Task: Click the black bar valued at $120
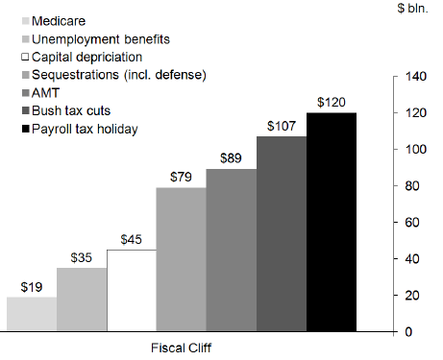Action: [x=332, y=222]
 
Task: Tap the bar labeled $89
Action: [x=232, y=250]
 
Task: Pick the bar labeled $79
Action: [x=182, y=259]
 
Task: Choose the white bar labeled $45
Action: [x=132, y=290]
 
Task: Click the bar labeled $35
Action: [x=82, y=300]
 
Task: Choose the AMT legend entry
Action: [x=46, y=92]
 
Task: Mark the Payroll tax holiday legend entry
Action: [x=84, y=129]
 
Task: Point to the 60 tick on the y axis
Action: [x=413, y=222]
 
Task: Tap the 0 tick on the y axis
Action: [x=409, y=332]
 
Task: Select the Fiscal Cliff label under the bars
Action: [x=182, y=348]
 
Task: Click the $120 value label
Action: [x=332, y=103]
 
